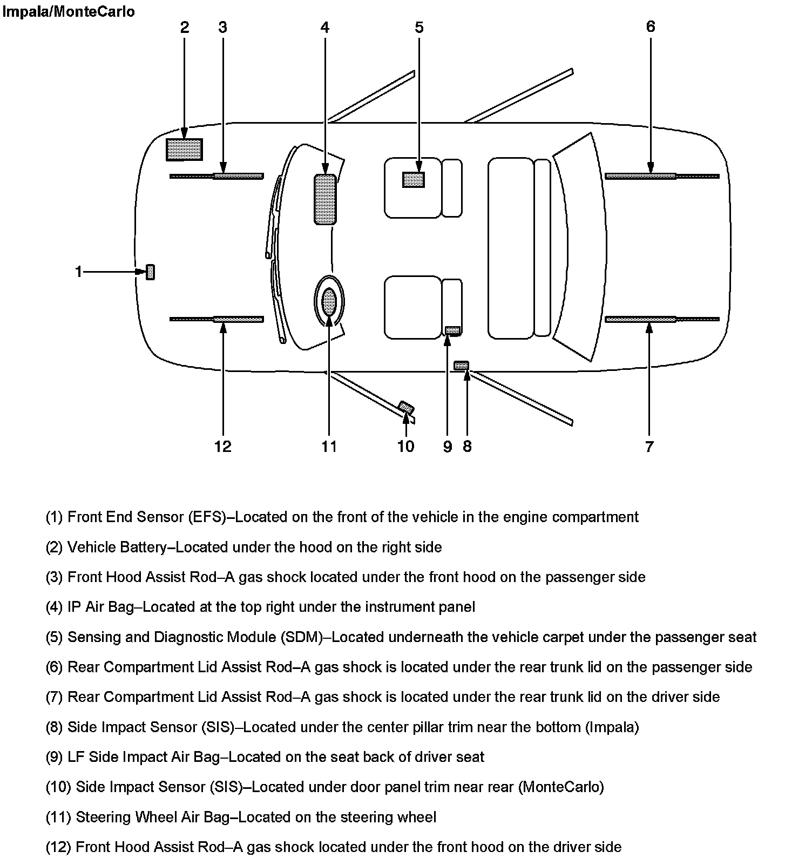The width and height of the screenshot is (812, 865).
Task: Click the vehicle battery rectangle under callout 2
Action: pyautogui.click(x=184, y=150)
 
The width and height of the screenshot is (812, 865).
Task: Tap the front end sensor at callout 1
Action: pyautogui.click(x=151, y=272)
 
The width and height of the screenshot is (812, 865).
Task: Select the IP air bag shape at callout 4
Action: pyautogui.click(x=324, y=199)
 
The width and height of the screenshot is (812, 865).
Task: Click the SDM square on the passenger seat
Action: pyautogui.click(x=414, y=179)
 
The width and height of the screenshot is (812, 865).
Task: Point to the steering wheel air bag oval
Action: pyautogui.click(x=329, y=301)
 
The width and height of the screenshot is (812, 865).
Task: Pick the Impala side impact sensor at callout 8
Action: pyautogui.click(x=462, y=366)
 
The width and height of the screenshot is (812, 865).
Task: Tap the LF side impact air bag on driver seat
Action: pyautogui.click(x=452, y=330)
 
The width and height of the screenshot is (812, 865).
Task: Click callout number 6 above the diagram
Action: pyautogui.click(x=651, y=26)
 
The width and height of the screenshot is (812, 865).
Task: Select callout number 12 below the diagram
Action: pyautogui.click(x=222, y=447)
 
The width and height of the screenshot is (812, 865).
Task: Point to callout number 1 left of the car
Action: pyautogui.click(x=79, y=272)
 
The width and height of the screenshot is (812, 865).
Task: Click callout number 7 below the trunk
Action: pyautogui.click(x=649, y=447)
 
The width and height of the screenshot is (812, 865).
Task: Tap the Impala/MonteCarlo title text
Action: pyautogui.click(x=69, y=11)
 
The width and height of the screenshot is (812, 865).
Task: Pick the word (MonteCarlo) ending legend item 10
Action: pyautogui.click(x=561, y=787)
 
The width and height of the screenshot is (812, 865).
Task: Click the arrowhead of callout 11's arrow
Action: pyautogui.click(x=329, y=315)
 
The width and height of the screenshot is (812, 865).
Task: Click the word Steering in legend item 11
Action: pyautogui.click(x=103, y=817)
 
